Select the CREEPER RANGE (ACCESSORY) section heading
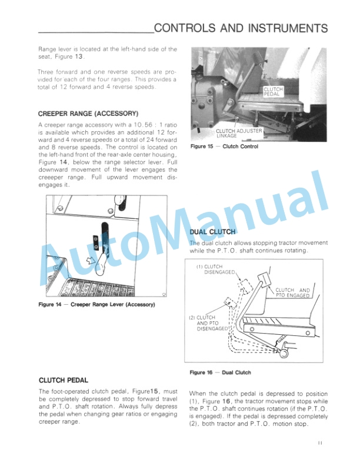click(x=88, y=113)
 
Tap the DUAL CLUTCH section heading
click(x=212, y=232)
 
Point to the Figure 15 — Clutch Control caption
click(x=224, y=147)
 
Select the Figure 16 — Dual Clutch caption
click(x=220, y=372)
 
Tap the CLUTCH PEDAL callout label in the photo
click(x=274, y=91)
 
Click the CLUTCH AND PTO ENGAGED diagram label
click(x=292, y=293)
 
